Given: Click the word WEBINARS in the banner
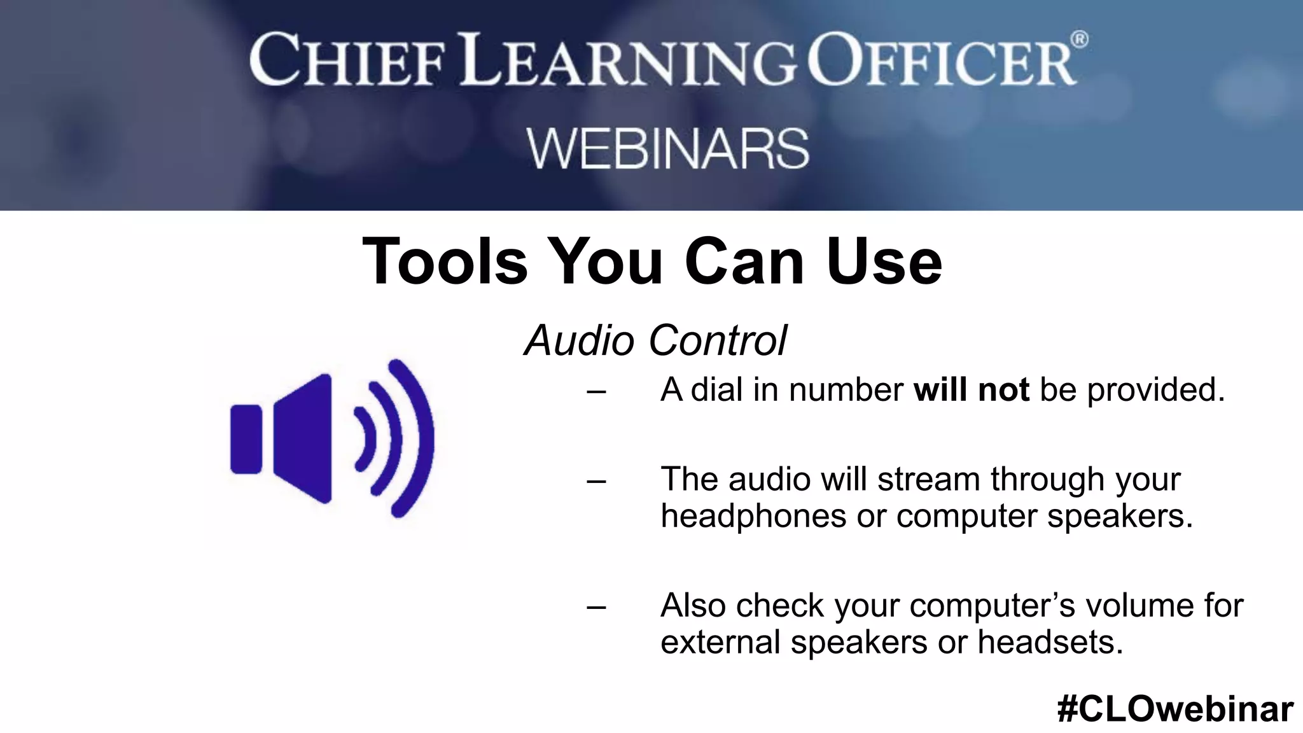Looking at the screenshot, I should (667, 149).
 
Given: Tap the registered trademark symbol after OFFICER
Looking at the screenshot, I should (1079, 40).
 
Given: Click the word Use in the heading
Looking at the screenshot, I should (884, 262).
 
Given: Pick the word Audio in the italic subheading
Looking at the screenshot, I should (578, 340).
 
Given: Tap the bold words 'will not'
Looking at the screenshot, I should (971, 389).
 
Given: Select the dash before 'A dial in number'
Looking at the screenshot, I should (596, 391).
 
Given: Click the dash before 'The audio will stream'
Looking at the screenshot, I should (596, 480).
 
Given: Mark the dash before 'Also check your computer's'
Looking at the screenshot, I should (596, 606).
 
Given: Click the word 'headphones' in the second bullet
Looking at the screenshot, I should (753, 515).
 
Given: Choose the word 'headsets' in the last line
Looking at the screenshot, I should (1050, 641).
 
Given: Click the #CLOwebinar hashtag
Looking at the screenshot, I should (1174, 709).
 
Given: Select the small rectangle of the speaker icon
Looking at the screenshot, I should (246, 439).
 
